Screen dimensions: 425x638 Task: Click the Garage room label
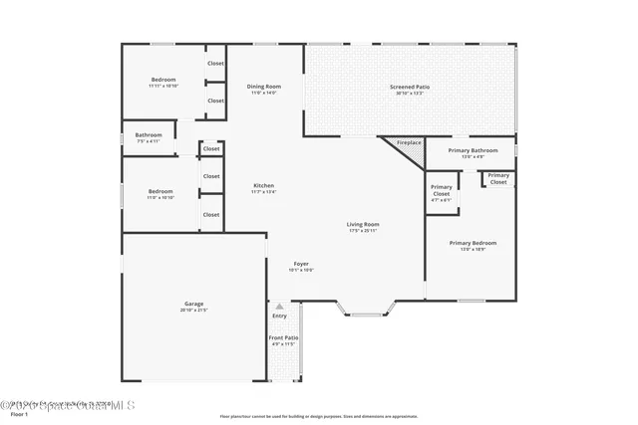(x=194, y=304)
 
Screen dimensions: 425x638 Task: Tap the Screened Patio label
(x=410, y=87)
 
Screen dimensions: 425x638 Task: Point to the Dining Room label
(x=264, y=87)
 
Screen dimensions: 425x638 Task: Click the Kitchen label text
(x=263, y=185)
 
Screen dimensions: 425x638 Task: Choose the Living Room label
(x=363, y=224)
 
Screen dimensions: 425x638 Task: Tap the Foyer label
(x=301, y=264)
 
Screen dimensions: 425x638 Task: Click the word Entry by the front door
(x=279, y=316)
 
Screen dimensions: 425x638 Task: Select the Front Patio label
(x=283, y=338)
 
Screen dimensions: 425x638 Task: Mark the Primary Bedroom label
(x=473, y=243)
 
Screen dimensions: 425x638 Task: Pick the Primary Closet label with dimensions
(x=441, y=191)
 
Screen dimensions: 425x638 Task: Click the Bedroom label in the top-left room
(x=163, y=80)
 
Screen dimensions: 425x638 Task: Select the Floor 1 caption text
(x=19, y=414)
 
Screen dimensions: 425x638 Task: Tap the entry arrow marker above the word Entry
(x=280, y=307)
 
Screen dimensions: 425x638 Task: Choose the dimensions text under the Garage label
(x=194, y=311)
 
